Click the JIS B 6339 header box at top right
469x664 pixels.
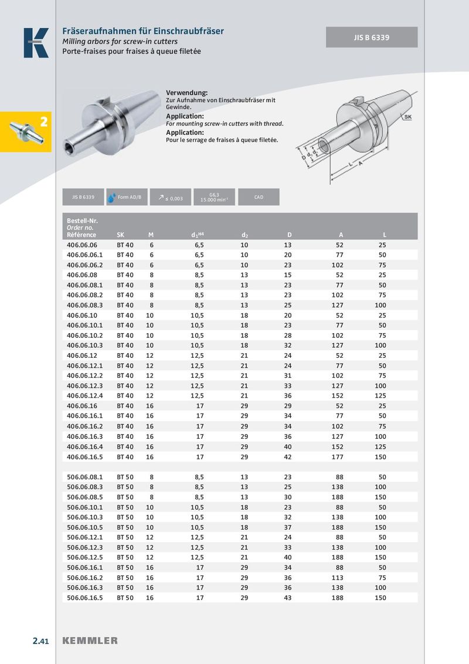pyautogui.click(x=372, y=37)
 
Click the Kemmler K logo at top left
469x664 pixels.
pyautogui.click(x=36, y=43)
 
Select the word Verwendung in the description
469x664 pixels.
pyautogui.click(x=187, y=93)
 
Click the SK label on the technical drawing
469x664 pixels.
pyautogui.click(x=407, y=117)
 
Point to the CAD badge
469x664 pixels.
pyautogui.click(x=259, y=197)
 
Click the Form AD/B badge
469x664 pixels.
pyautogui.click(x=125, y=197)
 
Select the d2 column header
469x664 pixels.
pyautogui.click(x=244, y=235)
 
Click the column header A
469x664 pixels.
pyautogui.click(x=341, y=235)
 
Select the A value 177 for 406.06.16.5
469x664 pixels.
pyautogui.click(x=338, y=456)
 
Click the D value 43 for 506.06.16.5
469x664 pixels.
pyautogui.click(x=287, y=598)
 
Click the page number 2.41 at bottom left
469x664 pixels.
pyautogui.click(x=40, y=641)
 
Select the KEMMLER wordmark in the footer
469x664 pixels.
pyautogui.click(x=90, y=641)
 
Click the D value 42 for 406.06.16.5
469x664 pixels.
pyautogui.click(x=287, y=456)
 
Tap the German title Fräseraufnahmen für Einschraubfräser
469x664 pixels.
pyautogui.click(x=143, y=31)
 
